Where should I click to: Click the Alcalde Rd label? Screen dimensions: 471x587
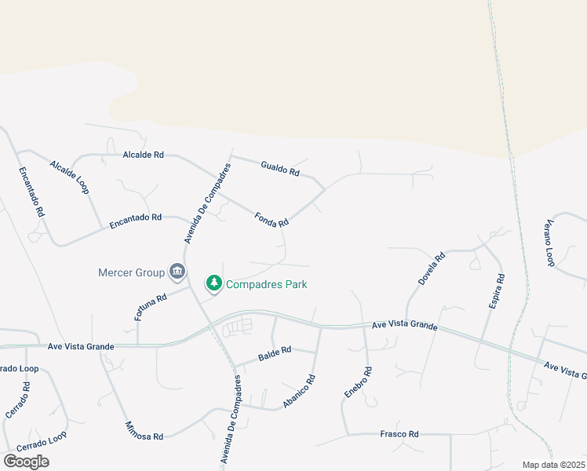[143, 155]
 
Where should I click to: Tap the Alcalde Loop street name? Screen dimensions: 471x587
[70, 177]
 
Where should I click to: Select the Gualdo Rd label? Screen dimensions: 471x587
[280, 167]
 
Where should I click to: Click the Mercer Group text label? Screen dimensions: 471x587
[131, 272]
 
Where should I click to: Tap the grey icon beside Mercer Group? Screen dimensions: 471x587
[177, 272]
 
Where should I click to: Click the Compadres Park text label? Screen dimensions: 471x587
[266, 284]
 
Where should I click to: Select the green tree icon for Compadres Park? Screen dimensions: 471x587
[213, 283]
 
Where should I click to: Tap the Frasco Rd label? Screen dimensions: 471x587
[399, 433]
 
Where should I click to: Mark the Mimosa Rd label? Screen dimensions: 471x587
[144, 431]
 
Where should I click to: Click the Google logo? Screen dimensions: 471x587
[26, 462]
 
